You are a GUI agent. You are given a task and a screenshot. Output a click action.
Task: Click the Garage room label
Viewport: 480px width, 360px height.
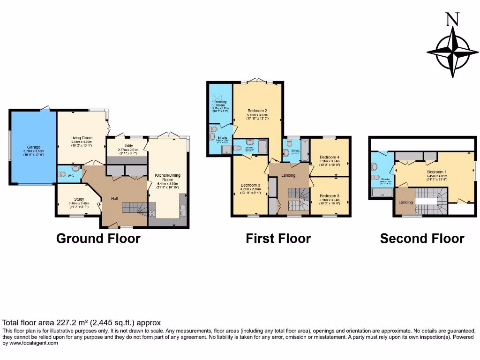click(x=33, y=148)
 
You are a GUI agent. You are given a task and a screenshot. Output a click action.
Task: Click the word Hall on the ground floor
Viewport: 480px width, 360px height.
click(x=114, y=199)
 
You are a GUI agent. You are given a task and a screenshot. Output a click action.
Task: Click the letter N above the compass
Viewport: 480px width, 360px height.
click(x=452, y=19)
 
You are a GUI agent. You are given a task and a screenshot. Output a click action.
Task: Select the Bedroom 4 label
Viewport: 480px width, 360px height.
click(x=329, y=157)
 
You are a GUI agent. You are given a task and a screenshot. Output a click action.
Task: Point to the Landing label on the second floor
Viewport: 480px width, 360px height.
click(x=405, y=202)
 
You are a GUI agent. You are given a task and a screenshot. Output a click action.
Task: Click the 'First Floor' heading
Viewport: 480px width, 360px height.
click(x=278, y=239)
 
